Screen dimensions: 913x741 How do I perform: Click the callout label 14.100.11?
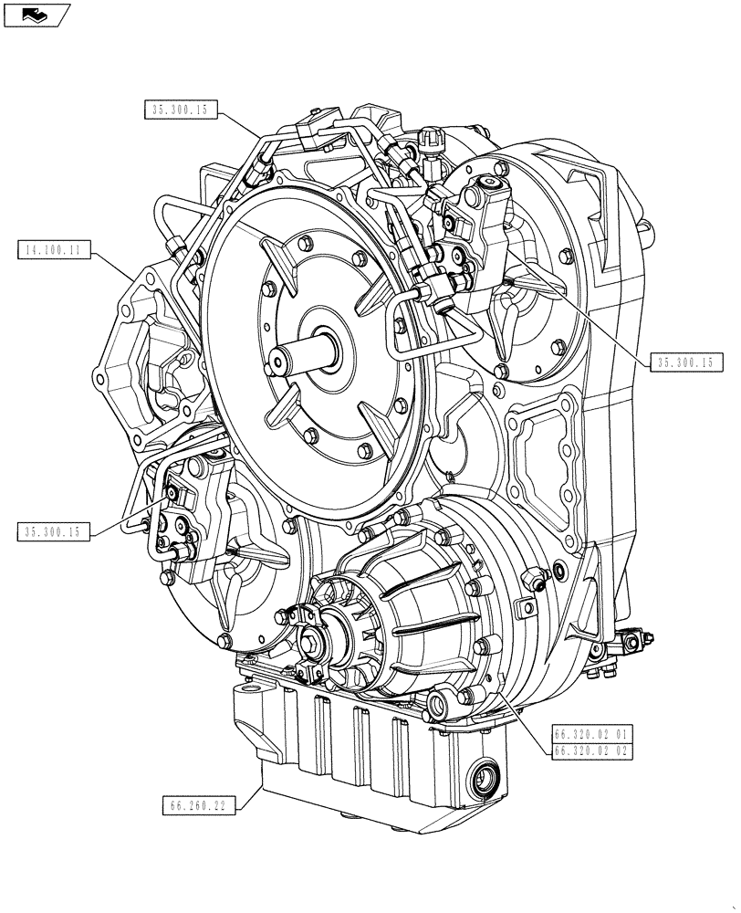[53, 248]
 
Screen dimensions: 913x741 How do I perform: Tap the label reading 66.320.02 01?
[590, 733]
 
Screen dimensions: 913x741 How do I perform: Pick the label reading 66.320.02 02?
[590, 750]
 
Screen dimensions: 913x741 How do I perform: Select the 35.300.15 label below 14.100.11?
[53, 532]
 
